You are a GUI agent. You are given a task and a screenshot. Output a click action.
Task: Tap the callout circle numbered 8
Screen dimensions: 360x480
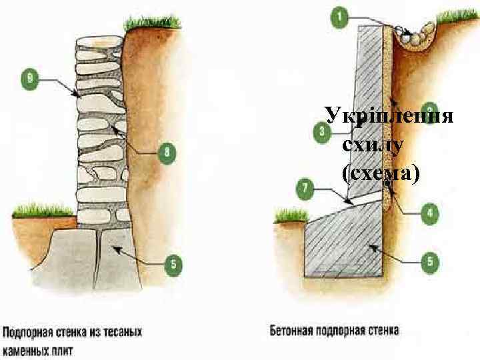coord(167,153)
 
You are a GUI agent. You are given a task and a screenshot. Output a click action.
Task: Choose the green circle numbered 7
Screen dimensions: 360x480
coord(304,189)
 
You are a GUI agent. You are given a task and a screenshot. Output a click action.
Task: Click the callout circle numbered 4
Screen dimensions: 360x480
coord(429,214)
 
